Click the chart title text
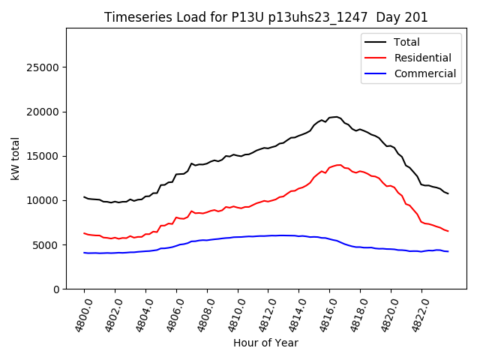[x=265, y=17]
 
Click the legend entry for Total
[x=406, y=42]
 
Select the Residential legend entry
[x=422, y=58]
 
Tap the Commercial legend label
[x=424, y=73]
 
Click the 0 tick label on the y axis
[x=56, y=289]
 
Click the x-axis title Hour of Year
[x=265, y=343]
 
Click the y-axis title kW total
[x=16, y=158]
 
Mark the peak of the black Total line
[x=336, y=116]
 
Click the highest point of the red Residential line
[x=339, y=165]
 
